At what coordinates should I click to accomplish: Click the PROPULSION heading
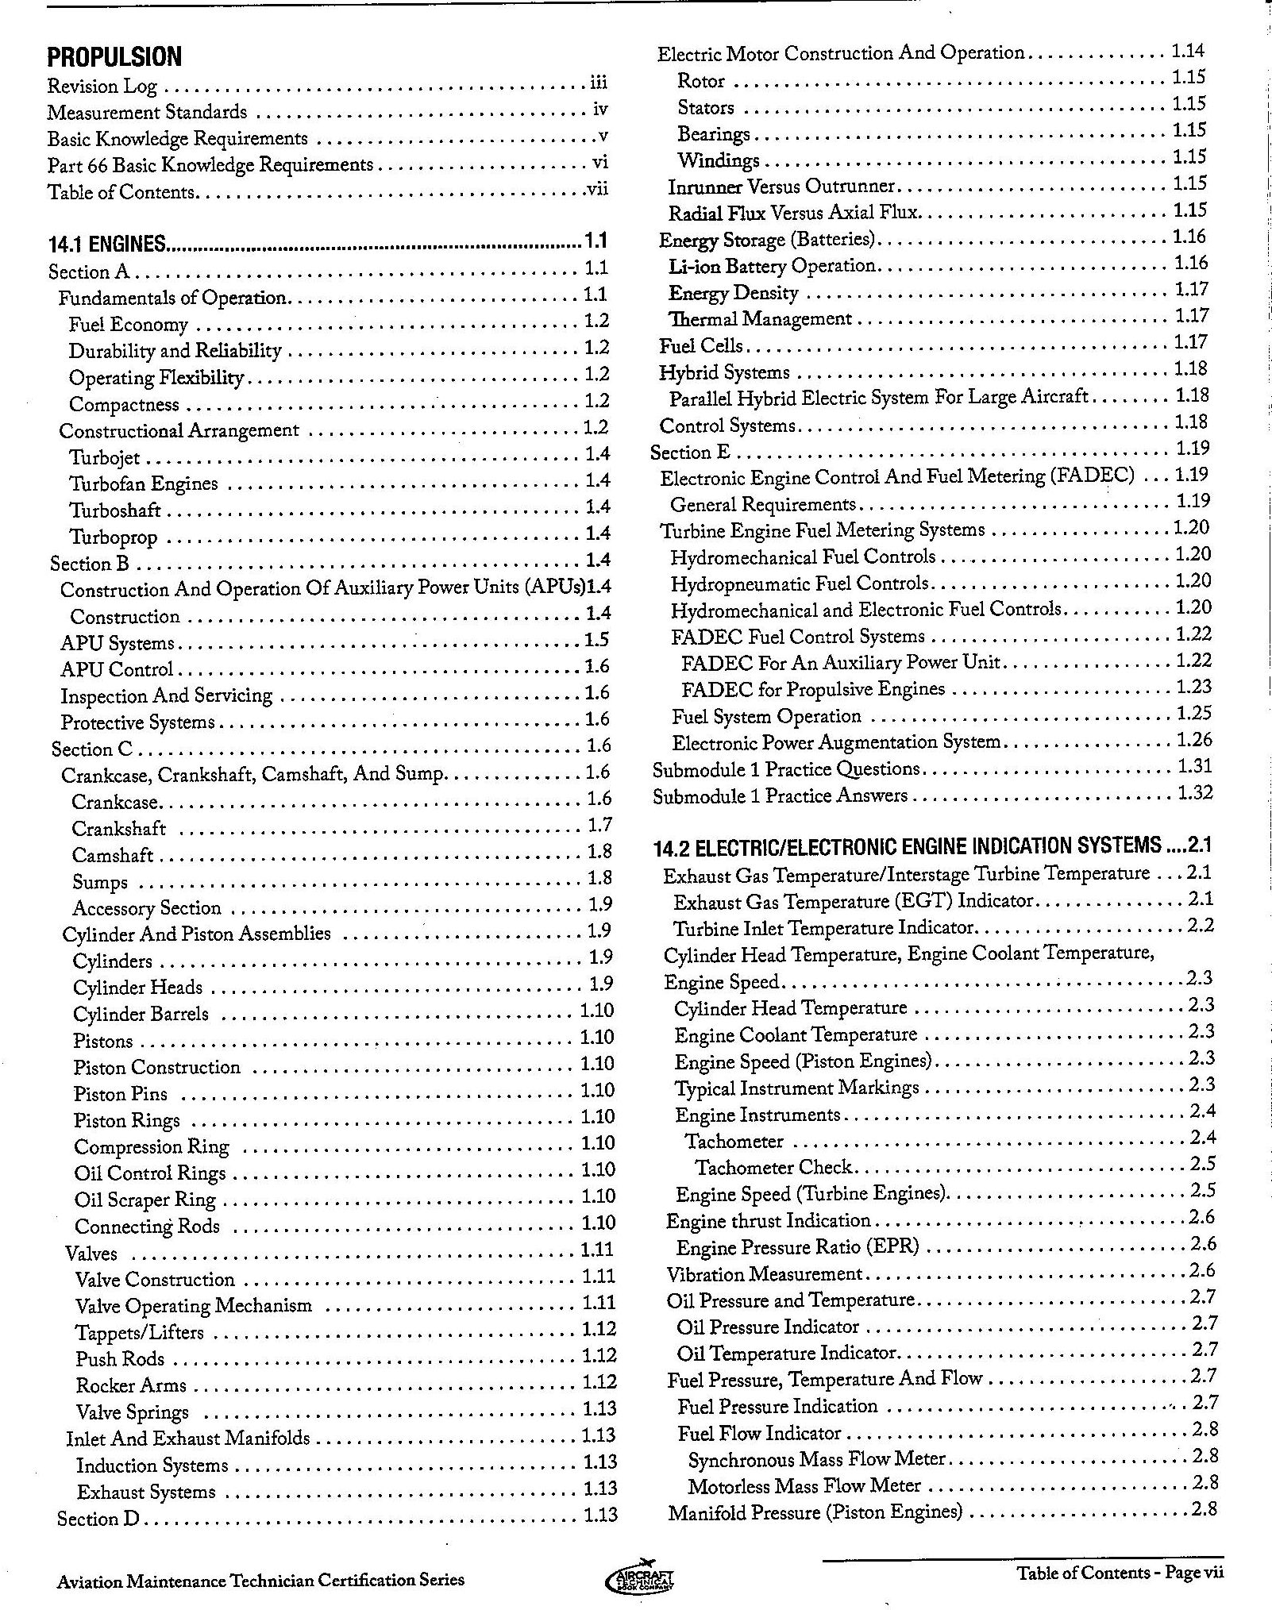[114, 57]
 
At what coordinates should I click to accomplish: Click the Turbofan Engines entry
[144, 484]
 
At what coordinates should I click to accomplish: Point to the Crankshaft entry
[119, 829]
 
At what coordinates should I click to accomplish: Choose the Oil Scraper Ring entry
[145, 1200]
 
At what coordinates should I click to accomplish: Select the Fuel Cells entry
[701, 346]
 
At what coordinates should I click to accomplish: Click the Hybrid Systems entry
[725, 373]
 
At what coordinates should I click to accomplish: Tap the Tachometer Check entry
[773, 1168]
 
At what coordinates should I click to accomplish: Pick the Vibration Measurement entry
[764, 1274]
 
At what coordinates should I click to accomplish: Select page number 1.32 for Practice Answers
[1193, 793]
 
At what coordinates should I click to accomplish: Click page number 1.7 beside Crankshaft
[599, 825]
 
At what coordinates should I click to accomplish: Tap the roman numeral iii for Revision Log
[598, 83]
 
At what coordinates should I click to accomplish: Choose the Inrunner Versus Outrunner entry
[781, 187]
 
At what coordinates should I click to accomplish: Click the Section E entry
[690, 453]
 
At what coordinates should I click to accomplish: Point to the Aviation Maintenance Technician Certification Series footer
[260, 1580]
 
